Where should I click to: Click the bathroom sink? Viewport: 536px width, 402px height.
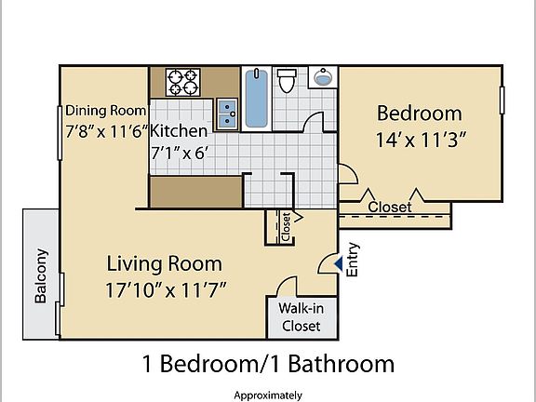tap(323, 77)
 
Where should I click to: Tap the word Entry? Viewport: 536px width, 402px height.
tap(353, 260)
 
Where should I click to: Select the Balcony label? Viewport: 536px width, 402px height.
tap(41, 275)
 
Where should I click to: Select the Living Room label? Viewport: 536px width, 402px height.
tap(163, 262)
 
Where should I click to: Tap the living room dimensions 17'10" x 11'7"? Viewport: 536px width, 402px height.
tap(167, 289)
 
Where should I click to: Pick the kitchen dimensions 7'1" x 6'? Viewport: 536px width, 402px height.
tap(184, 153)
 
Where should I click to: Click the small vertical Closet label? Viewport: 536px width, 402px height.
tap(286, 227)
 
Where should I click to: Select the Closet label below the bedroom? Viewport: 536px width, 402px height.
tap(390, 206)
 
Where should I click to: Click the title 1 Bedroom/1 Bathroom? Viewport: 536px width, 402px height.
tap(268, 363)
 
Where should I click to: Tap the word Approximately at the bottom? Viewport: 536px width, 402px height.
tap(268, 393)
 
